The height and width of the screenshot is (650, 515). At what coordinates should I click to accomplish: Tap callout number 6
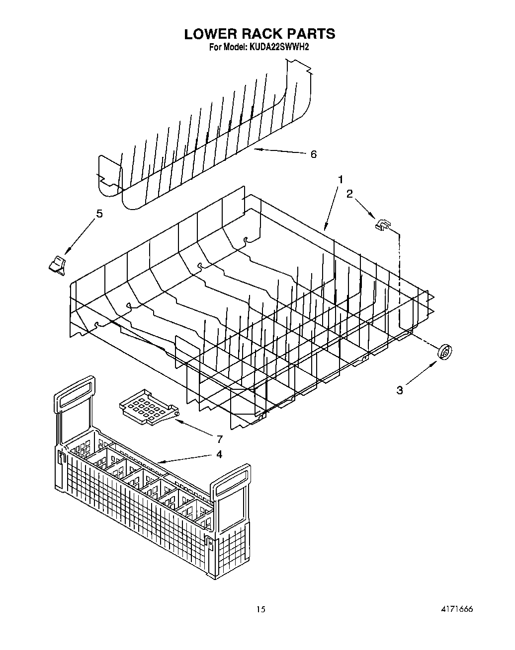[x=313, y=154]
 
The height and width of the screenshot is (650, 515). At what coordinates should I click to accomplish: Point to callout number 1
[x=341, y=179]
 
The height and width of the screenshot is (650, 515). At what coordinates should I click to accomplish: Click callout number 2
[x=349, y=194]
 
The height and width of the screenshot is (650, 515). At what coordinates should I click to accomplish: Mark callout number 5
[x=99, y=214]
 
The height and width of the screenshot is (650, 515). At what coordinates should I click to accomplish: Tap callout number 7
[x=219, y=438]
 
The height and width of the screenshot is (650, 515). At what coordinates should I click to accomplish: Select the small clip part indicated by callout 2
[x=382, y=225]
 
